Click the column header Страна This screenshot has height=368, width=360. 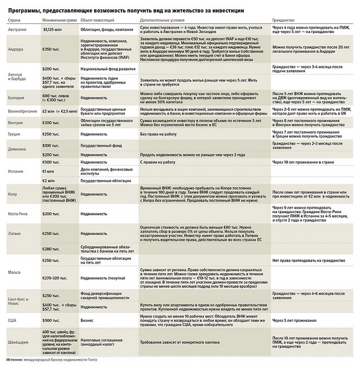[x=13, y=21]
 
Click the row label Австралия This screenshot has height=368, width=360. [x=17, y=30]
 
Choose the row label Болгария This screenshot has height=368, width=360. [x=16, y=98]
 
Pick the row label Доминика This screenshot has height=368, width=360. [x=17, y=149]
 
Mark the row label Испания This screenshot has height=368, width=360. [x=16, y=171]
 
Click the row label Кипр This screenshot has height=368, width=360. [x=12, y=194]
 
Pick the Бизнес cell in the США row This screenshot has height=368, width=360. [x=87, y=319]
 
